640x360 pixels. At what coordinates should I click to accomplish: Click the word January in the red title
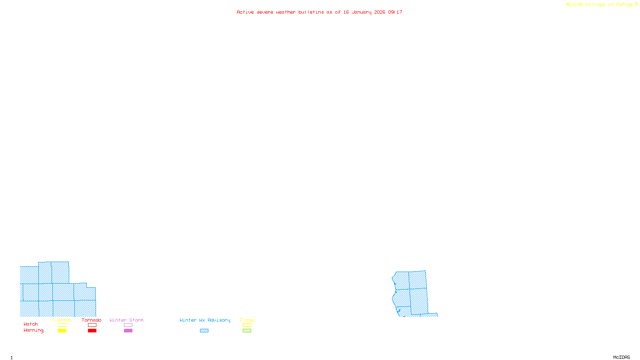362,12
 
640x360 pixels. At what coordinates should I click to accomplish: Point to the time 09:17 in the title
395,12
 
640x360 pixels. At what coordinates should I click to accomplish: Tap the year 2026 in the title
380,12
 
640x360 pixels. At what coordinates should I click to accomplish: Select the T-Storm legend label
62,320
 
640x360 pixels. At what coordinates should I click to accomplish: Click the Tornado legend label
92,320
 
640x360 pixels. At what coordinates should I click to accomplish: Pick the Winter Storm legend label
126,320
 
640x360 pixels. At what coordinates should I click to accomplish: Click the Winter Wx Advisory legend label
205,320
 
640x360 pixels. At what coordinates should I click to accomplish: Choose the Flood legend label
247,320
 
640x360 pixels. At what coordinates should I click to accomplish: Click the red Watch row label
31,324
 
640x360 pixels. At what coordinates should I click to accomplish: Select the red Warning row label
34,330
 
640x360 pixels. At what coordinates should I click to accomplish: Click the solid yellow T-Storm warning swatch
62,331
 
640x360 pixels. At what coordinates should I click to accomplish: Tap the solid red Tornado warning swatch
92,331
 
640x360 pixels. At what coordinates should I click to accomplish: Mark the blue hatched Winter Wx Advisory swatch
204,331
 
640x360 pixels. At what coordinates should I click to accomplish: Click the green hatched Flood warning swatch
247,331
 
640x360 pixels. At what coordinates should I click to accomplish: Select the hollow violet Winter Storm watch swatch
128,325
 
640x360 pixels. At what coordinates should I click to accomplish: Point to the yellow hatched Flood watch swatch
247,325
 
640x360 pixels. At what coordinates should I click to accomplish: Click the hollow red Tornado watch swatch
92,325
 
